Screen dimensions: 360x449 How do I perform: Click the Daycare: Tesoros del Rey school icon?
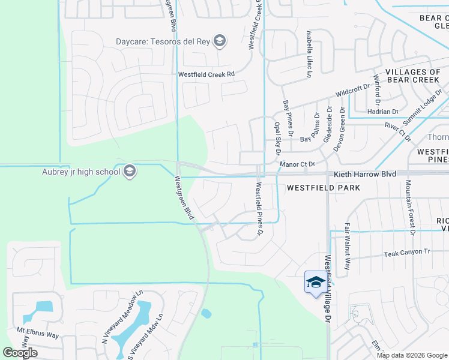[220, 41]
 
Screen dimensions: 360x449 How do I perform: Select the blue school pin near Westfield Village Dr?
[315, 282]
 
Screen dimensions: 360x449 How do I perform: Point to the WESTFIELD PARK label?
[323, 188]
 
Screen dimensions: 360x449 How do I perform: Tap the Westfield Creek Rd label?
[205, 75]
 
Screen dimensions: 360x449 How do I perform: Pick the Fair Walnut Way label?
[347, 246]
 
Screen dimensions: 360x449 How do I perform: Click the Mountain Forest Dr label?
[411, 208]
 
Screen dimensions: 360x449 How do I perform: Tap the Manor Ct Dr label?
[297, 164]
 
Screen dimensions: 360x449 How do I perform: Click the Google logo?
[20, 352]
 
